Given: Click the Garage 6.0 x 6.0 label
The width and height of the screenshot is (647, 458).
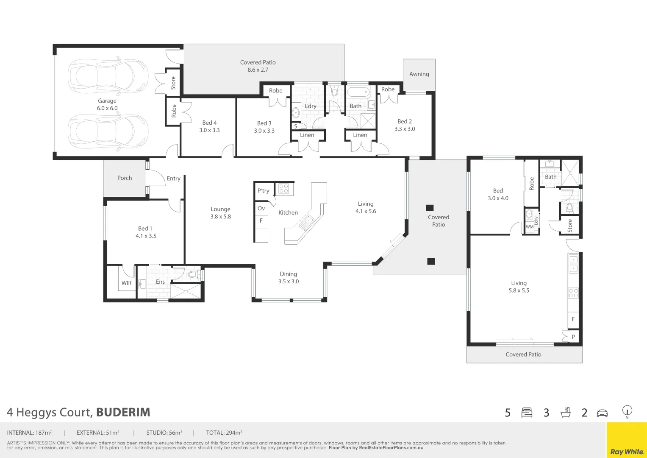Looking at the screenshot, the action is [107, 104].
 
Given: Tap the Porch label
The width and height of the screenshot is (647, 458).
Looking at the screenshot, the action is [125, 178].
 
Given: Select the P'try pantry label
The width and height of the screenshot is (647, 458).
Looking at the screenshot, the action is [263, 191].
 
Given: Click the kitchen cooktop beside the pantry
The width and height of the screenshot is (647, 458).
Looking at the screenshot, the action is [284, 189].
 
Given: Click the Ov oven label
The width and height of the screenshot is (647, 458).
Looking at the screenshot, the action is [261, 209].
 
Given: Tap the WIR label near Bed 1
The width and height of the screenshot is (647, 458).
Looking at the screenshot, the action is [127, 283].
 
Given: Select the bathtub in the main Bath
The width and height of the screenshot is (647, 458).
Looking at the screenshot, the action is [358, 92].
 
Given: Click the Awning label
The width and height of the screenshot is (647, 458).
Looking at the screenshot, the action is [419, 74].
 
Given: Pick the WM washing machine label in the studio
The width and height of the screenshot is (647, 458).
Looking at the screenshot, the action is [530, 227].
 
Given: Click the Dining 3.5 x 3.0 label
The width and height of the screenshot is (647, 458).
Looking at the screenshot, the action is [289, 278].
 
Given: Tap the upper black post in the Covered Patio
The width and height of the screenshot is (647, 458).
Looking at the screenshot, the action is [430, 208].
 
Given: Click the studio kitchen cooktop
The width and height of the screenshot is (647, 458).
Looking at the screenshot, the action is [573, 293].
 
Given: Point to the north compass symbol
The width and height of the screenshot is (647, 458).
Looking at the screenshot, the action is [627, 412].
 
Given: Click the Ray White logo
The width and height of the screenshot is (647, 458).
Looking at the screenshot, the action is [627, 452].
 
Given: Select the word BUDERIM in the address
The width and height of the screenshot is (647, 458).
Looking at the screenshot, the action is [123, 412].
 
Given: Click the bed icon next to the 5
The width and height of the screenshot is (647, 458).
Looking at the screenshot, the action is [527, 413].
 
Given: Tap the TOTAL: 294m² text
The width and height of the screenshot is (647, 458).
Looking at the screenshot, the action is [224, 433].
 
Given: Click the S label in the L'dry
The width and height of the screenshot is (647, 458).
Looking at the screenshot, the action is [295, 126].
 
